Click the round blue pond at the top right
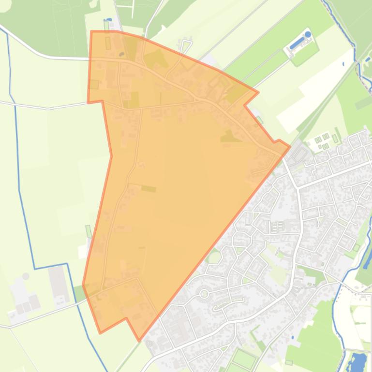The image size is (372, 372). [x=308, y=34]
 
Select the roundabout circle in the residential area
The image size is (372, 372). [x=204, y=293]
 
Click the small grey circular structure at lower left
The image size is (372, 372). [x=25, y=276]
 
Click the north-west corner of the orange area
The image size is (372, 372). [x=91, y=31]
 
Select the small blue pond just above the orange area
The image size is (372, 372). [x=109, y=20]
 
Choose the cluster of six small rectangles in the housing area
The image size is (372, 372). [x=277, y=227]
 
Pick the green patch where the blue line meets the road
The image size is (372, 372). [x=79, y=293]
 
